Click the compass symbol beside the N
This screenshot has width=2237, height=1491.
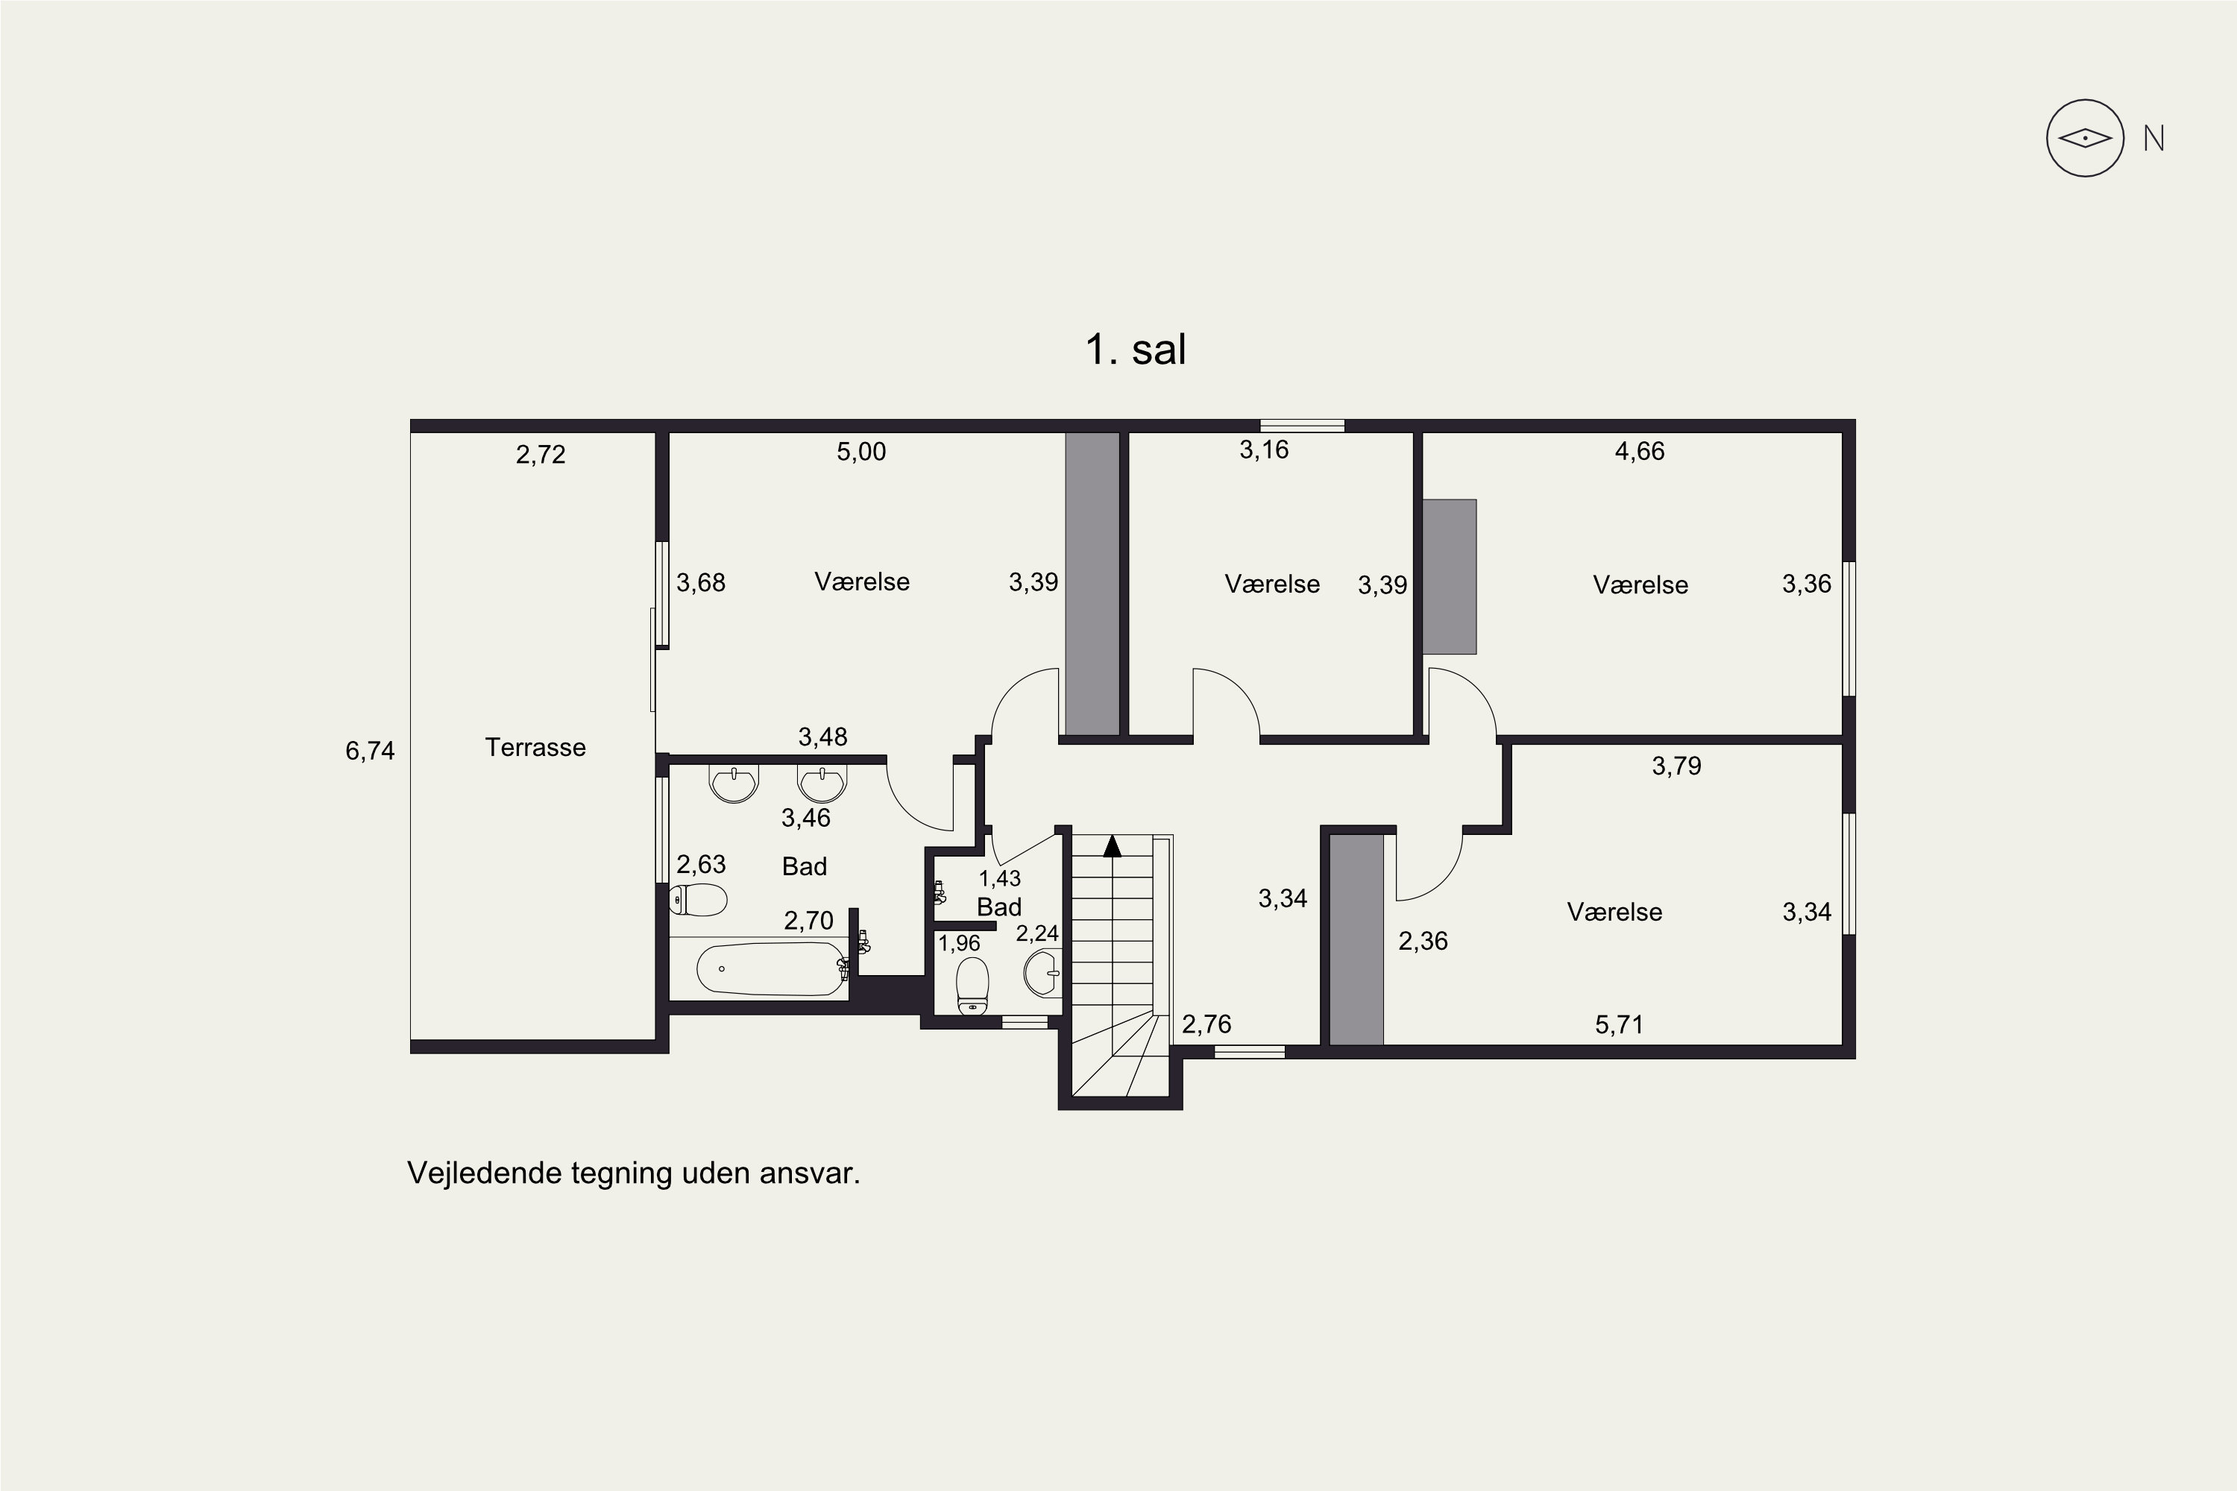pos(2085,138)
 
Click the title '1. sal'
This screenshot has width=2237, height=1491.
pos(1136,349)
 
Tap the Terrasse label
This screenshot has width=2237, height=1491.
pos(535,748)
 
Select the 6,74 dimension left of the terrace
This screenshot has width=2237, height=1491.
pos(370,751)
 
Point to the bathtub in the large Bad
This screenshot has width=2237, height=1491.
pos(770,969)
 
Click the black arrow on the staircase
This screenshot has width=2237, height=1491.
pos(1112,845)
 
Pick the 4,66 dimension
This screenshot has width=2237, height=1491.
pos(1640,451)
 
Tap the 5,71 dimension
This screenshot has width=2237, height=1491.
pos(1619,1024)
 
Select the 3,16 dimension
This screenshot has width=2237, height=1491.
pos(1264,450)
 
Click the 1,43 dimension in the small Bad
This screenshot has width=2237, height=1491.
pos(1000,879)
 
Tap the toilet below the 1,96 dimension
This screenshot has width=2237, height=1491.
pos(972,986)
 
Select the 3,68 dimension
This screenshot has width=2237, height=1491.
pos(701,583)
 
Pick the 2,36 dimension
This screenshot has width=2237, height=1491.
pos(1423,942)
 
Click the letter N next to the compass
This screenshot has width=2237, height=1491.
pos(2154,139)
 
